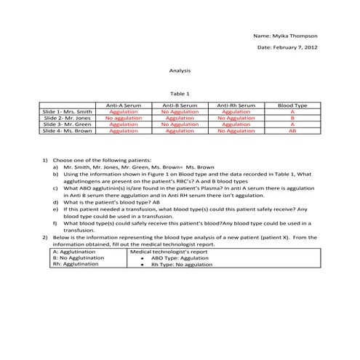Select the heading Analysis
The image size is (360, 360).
(180, 71)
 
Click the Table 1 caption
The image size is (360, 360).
(180, 94)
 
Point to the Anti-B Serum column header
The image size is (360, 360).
(180, 105)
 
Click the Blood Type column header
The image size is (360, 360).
(292, 105)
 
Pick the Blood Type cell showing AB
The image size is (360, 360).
(292, 131)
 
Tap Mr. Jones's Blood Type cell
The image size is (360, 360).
(292, 118)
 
